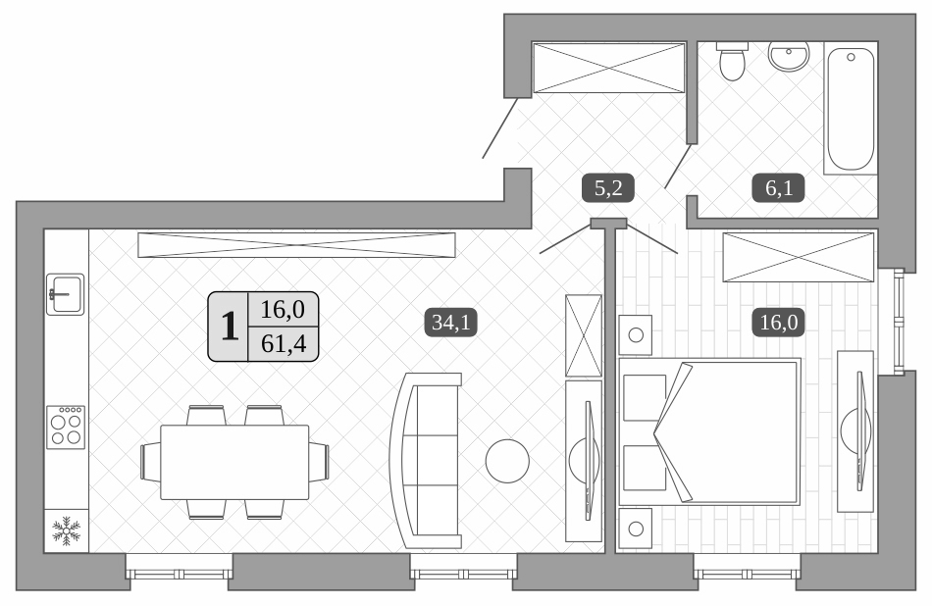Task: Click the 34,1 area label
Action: (x=450, y=323)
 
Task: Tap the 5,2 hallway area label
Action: (x=608, y=185)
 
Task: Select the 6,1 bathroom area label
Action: (x=778, y=187)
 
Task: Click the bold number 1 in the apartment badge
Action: (x=230, y=328)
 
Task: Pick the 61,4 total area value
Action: (x=283, y=344)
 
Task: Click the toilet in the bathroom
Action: (x=731, y=62)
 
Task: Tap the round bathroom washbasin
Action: (x=788, y=57)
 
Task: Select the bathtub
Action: (x=850, y=108)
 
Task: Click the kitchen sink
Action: (x=66, y=293)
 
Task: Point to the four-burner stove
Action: (x=66, y=427)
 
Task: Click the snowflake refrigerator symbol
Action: (x=66, y=531)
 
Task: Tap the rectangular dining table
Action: (x=234, y=461)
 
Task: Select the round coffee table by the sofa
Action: (x=507, y=460)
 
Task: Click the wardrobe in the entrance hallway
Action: (x=608, y=68)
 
